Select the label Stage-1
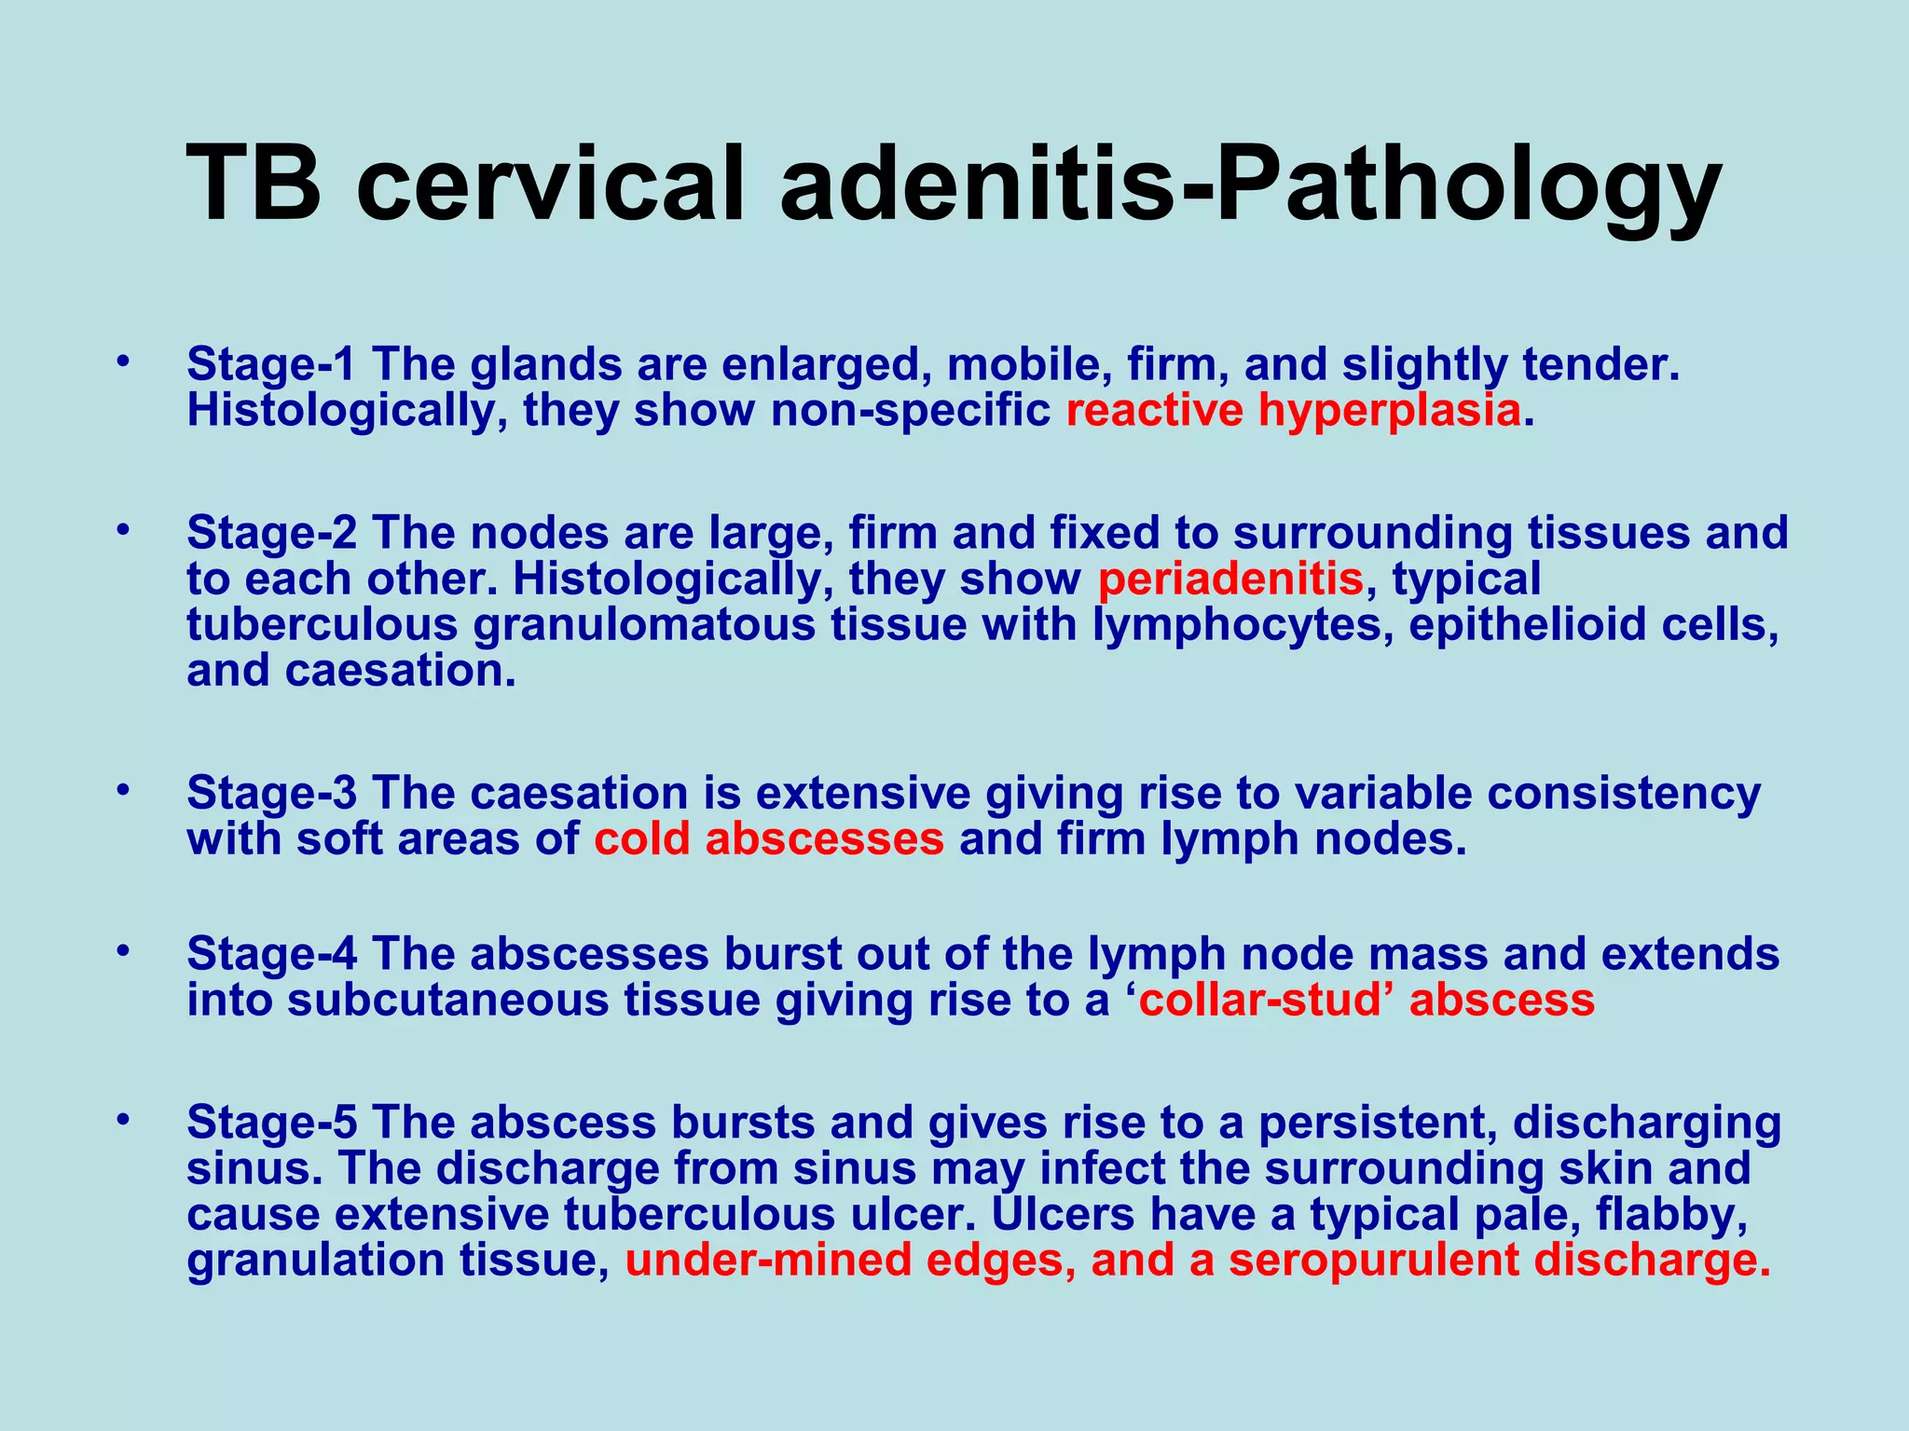click(270, 364)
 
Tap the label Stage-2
click(270, 533)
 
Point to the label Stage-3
click(270, 794)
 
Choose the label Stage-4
click(270, 954)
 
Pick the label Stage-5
click(270, 1122)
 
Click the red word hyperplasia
click(1389, 411)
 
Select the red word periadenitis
click(1230, 579)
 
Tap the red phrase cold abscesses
click(769, 839)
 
